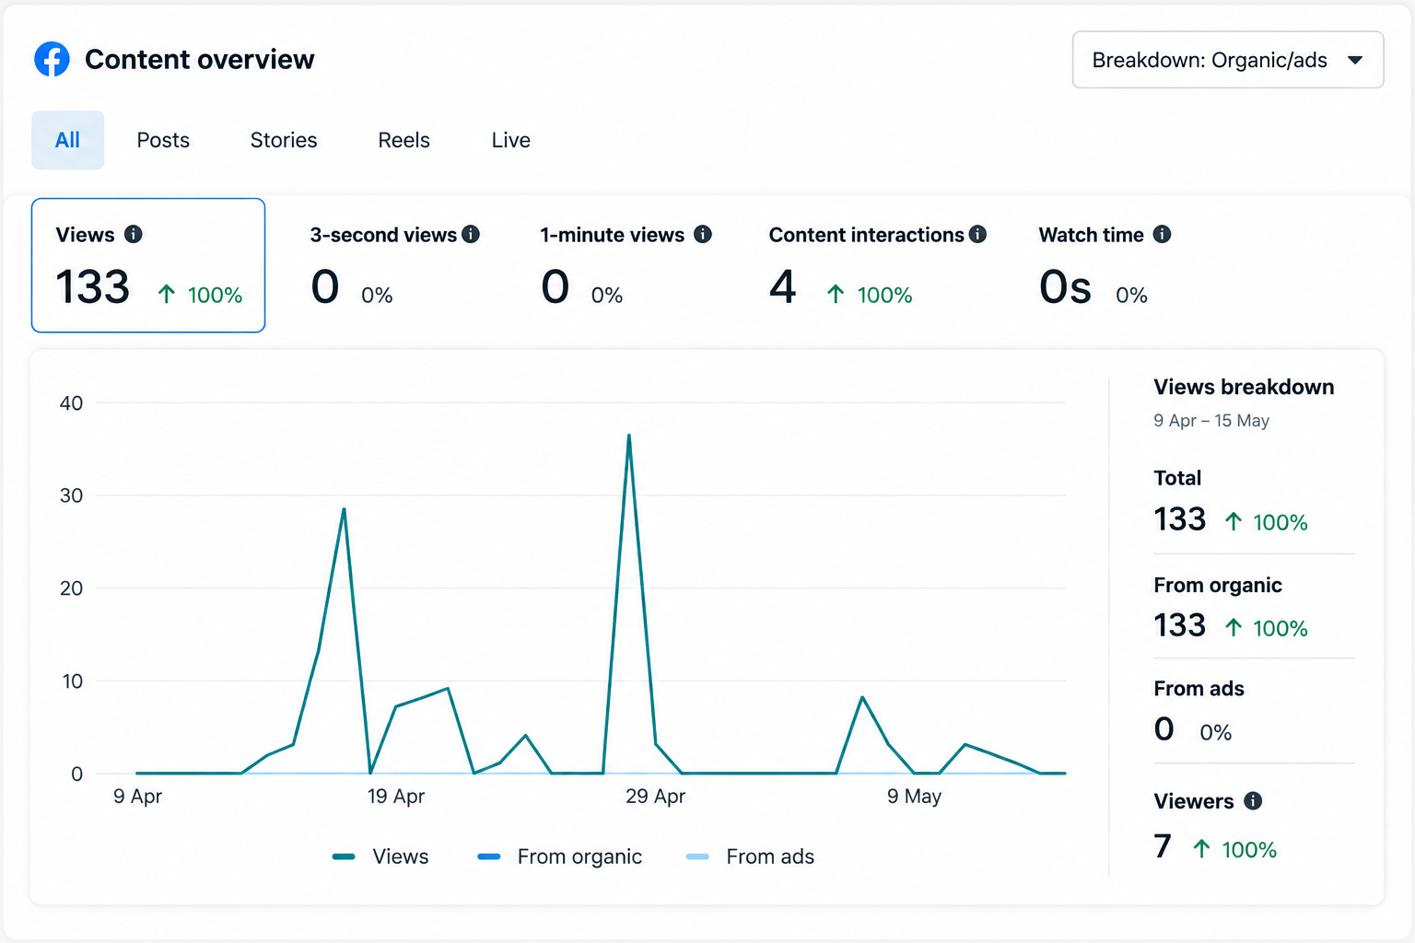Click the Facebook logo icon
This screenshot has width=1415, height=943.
[x=52, y=59]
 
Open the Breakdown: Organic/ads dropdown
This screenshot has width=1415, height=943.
[x=1228, y=60]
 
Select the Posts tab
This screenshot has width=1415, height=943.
[x=163, y=140]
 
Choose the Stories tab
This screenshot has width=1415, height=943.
[x=284, y=140]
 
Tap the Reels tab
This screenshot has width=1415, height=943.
[x=403, y=140]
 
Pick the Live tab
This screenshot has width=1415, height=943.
[x=510, y=140]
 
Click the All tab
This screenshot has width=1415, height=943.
[x=67, y=140]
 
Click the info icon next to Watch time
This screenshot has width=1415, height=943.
[x=1162, y=234]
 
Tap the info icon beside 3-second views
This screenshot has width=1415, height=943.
[x=471, y=234]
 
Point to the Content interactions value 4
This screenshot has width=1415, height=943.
[x=782, y=287]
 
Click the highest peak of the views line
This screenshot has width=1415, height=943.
[x=629, y=436]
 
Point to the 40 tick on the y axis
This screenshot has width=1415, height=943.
[x=71, y=403]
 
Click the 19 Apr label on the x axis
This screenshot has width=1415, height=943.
[x=396, y=796]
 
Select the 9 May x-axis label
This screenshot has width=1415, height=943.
[x=914, y=796]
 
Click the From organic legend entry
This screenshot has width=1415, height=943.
[x=560, y=856]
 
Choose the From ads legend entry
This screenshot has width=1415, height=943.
[x=750, y=856]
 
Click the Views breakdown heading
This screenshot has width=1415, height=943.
[x=1244, y=387]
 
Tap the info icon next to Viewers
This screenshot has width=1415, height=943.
[x=1253, y=801]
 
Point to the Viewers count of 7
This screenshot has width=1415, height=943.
[x=1163, y=846]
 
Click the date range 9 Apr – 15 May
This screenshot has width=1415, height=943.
[x=1211, y=421]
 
